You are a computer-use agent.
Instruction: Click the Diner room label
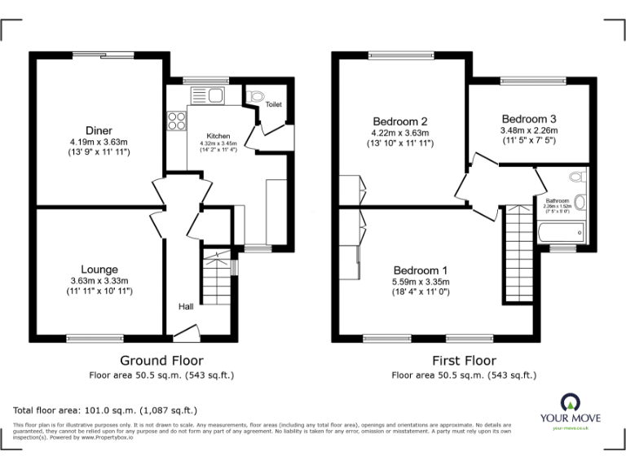(x=99, y=130)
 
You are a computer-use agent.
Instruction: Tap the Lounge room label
(x=99, y=270)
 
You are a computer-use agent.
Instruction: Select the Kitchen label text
(x=218, y=136)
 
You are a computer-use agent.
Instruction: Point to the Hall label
(x=186, y=307)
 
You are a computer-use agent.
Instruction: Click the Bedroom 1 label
(x=421, y=271)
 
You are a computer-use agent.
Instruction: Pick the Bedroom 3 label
(x=529, y=117)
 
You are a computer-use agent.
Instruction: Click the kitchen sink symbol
(x=210, y=96)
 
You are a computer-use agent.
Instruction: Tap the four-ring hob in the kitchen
(x=177, y=121)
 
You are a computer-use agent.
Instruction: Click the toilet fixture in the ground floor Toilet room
(x=258, y=96)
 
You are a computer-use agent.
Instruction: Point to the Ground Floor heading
(x=161, y=360)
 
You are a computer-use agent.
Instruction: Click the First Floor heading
(x=464, y=360)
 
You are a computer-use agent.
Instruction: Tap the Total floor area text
(x=105, y=410)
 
